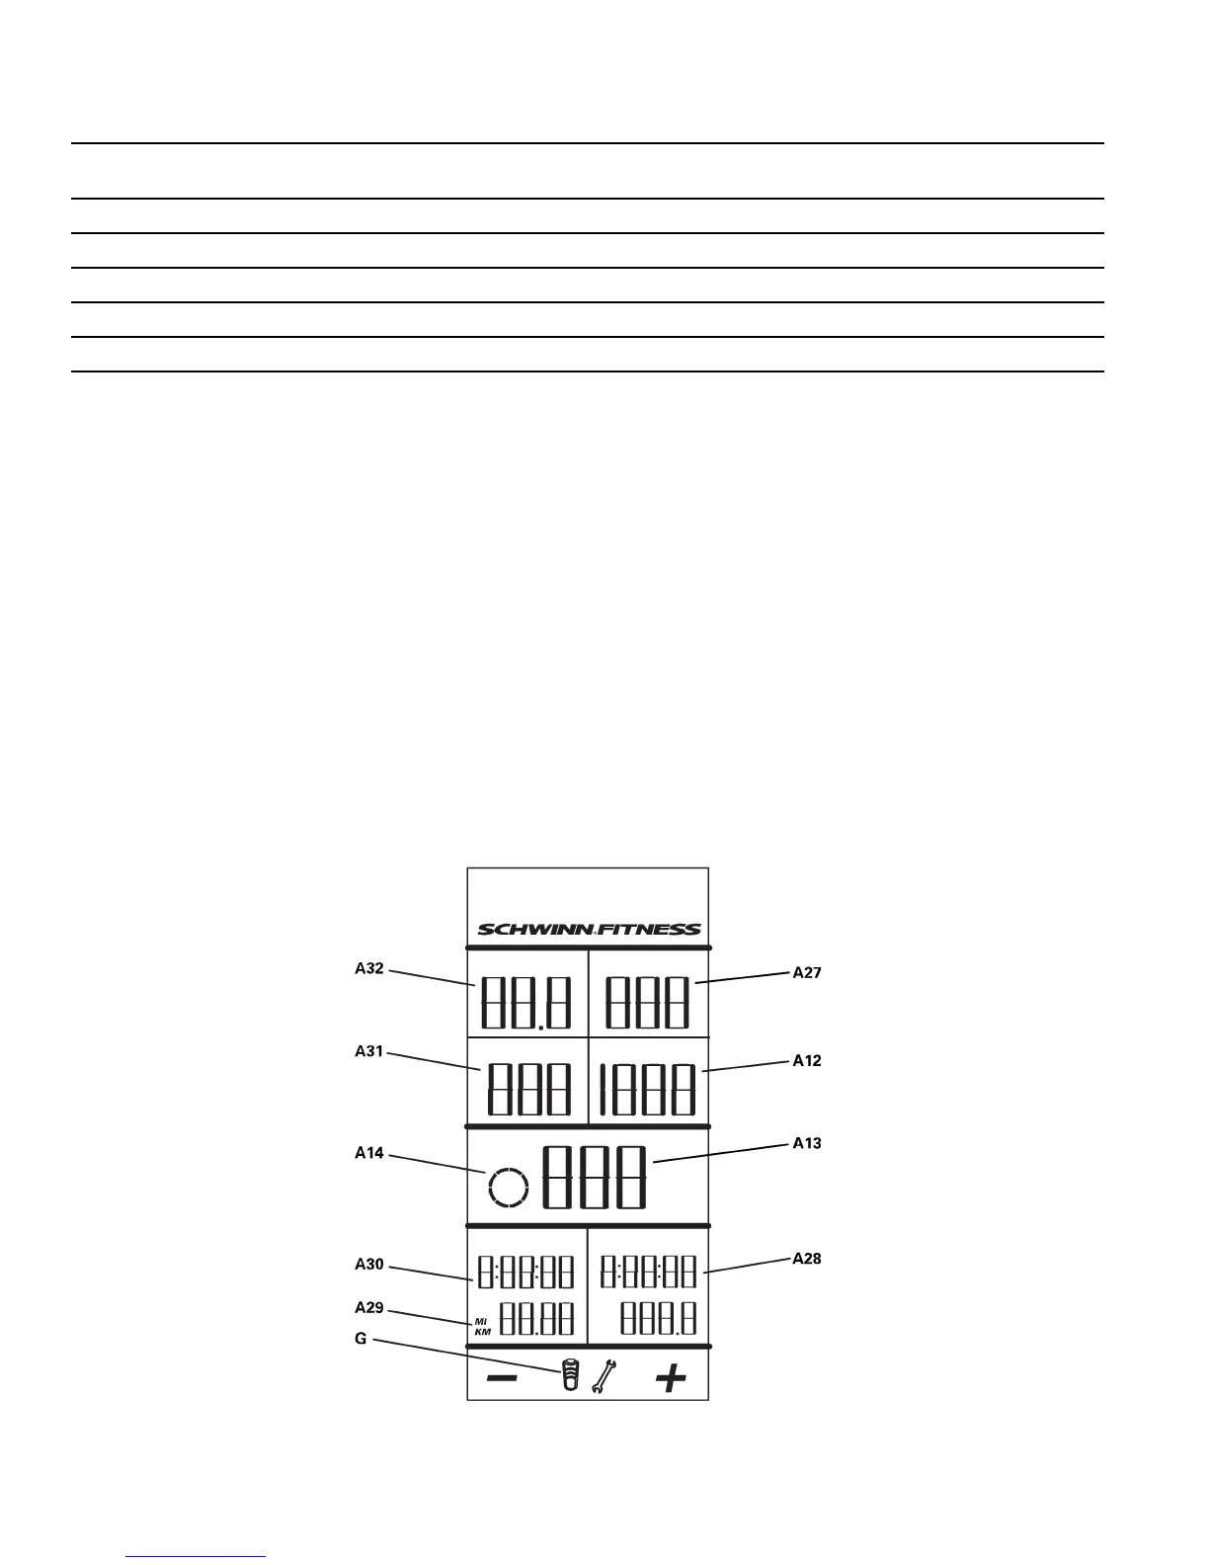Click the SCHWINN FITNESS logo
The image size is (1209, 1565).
click(x=589, y=929)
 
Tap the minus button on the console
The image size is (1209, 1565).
click(x=502, y=1378)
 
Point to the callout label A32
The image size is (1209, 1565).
click(x=369, y=969)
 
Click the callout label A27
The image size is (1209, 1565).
click(x=807, y=973)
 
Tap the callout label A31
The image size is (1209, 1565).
click(x=369, y=1051)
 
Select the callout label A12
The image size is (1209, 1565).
click(x=807, y=1061)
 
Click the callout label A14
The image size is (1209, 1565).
click(x=369, y=1153)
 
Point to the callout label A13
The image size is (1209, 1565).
click(x=807, y=1143)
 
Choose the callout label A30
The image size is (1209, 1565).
click(x=369, y=1265)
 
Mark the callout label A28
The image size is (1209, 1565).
click(x=807, y=1259)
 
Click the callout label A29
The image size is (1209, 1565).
click(x=369, y=1307)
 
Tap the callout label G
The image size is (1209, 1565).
click(x=361, y=1339)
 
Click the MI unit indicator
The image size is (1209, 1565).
click(x=481, y=1321)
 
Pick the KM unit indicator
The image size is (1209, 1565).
click(x=481, y=1332)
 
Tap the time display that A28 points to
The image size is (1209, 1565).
click(x=649, y=1272)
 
